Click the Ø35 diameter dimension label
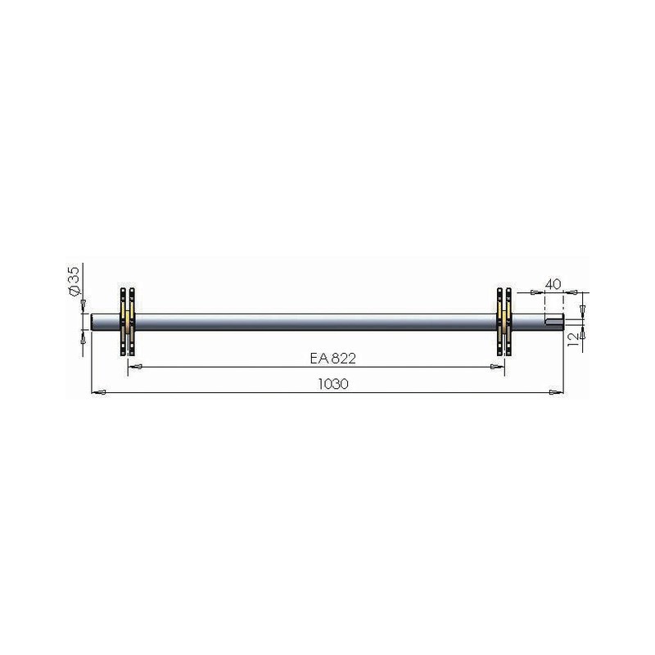[73, 281]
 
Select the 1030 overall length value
[333, 384]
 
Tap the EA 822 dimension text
[333, 359]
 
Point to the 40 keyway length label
[553, 284]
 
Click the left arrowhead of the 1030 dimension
[98, 392]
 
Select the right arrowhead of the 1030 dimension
[557, 392]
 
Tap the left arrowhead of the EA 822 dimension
[134, 367]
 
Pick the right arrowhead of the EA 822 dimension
[497, 367]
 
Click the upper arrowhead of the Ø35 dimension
[83, 305]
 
